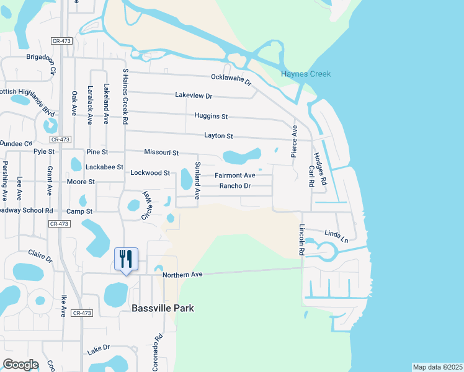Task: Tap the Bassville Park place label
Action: tap(163, 308)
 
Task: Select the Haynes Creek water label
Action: tap(306, 74)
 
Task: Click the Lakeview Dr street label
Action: tap(194, 96)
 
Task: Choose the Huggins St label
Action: tap(211, 116)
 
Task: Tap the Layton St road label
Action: tap(218, 136)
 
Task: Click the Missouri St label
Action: tap(161, 152)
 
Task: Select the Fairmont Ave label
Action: tap(235, 175)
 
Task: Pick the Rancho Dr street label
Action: tap(235, 186)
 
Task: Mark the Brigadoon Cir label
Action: tap(49, 63)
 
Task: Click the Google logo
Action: tap(21, 364)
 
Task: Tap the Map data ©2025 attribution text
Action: tap(437, 367)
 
